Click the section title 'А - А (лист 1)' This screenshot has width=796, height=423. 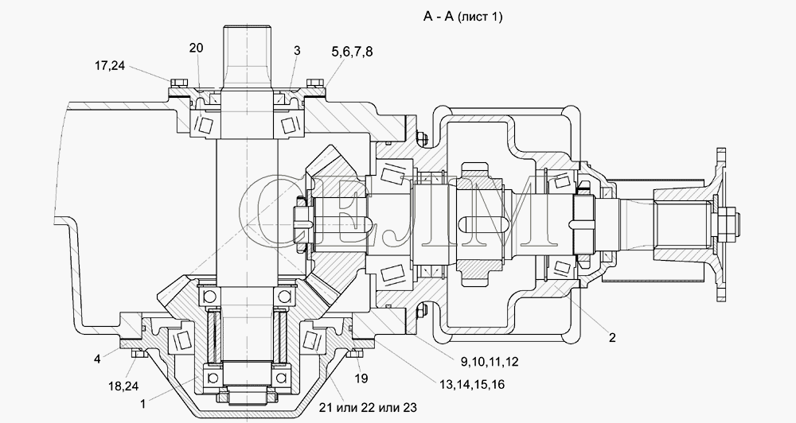[x=463, y=17]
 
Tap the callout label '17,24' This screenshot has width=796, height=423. [x=109, y=65]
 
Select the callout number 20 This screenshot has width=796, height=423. [x=197, y=49]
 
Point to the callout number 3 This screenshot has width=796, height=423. [x=297, y=50]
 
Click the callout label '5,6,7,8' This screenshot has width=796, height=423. [x=351, y=52]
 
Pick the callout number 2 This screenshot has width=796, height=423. [x=612, y=338]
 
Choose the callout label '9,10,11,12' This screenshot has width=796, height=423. [x=490, y=362]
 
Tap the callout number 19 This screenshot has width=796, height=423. [x=361, y=378]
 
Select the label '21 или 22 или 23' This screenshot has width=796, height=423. [x=368, y=407]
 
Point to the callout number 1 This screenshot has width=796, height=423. [x=143, y=404]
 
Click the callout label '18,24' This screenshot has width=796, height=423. [x=123, y=386]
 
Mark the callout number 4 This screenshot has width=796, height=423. [x=96, y=359]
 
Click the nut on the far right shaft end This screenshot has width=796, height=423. [x=729, y=222]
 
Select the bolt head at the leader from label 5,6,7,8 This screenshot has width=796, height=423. [x=314, y=83]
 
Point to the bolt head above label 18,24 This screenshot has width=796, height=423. [x=136, y=352]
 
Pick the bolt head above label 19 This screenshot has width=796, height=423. [x=355, y=353]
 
